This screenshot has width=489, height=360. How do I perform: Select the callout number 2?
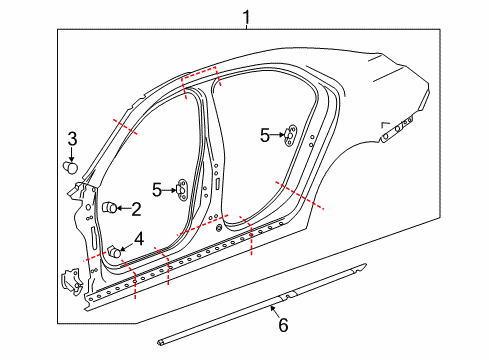tap(136, 209)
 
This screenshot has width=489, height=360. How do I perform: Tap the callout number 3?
tap(72, 139)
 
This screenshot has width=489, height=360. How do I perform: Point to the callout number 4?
tap(139, 238)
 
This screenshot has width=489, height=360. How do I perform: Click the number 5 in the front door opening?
tap(158, 187)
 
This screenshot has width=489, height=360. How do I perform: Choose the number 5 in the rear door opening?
tap(264, 133)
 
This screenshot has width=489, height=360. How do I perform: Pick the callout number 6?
tap(282, 324)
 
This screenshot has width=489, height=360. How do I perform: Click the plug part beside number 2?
tap(109, 208)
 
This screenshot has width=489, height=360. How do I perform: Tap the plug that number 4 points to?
tap(116, 253)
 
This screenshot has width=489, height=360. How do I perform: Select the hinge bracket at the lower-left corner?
tap(71, 281)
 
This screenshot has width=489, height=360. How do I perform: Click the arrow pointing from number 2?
tap(123, 208)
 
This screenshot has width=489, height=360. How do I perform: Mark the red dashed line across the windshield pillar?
tap(125, 127)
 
